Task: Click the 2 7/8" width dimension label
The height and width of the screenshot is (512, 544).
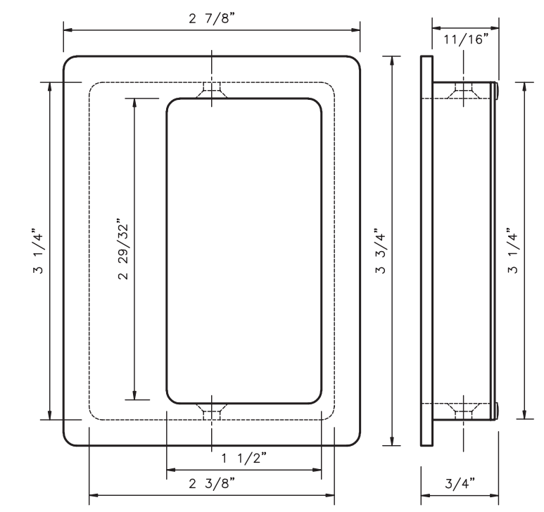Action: (x=212, y=18)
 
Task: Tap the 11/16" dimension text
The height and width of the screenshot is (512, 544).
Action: (x=466, y=39)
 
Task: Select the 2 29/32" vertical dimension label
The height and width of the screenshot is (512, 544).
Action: (x=123, y=249)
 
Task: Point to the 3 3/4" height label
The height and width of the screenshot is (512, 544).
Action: (x=380, y=251)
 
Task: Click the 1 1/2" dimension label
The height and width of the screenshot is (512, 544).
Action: (x=244, y=458)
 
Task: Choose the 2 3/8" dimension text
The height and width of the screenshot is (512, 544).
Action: (x=212, y=483)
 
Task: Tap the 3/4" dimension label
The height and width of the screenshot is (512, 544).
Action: (x=460, y=483)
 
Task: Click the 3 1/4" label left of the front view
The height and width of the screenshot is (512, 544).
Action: (x=38, y=251)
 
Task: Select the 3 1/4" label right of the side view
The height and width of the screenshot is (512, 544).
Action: (x=513, y=251)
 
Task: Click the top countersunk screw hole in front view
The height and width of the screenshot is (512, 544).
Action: (x=212, y=90)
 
